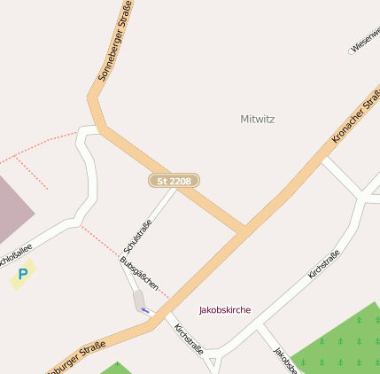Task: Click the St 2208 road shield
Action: [174, 181]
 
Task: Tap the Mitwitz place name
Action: [259, 119]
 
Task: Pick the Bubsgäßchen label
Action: [139, 276]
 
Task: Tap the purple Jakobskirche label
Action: [224, 310]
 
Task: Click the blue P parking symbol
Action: [22, 275]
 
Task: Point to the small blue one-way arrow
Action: [145, 311]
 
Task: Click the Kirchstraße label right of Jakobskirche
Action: [323, 266]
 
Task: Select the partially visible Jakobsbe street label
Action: [283, 359]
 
